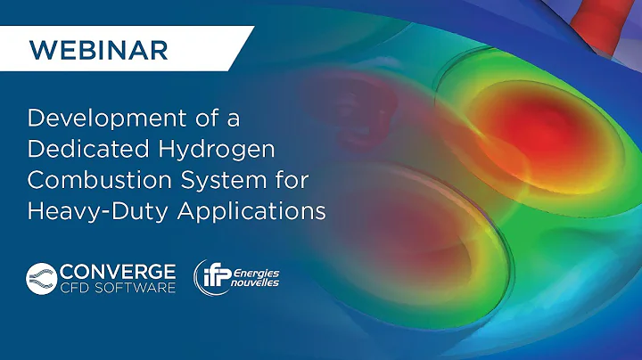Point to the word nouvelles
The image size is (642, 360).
tap(259, 282)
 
